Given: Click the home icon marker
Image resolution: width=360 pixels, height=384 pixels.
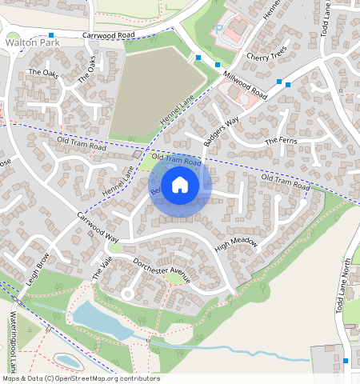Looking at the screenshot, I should [x=180, y=184].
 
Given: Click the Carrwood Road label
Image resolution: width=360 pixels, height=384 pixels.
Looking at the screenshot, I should [x=108, y=36].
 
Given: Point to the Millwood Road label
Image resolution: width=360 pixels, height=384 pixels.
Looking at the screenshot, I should [x=245, y=83].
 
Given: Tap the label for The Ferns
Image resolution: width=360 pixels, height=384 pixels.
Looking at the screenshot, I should [x=281, y=141].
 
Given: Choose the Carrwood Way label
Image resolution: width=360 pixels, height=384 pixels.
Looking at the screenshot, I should [x=98, y=228].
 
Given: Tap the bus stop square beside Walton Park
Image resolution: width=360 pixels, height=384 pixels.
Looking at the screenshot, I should [x=51, y=35].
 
